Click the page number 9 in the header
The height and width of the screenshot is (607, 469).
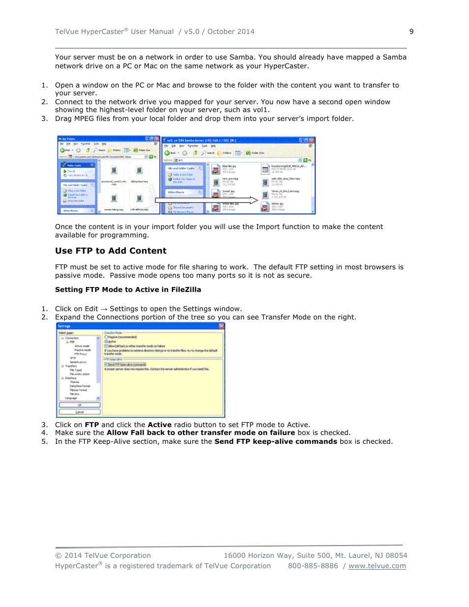point(411,31)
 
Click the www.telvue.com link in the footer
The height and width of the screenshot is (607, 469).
point(377,566)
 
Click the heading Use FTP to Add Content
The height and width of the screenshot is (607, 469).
point(111,251)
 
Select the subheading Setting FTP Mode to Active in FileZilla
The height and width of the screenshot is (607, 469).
point(128,289)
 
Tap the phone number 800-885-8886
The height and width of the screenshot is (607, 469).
point(313,566)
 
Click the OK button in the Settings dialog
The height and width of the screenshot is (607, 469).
point(80,405)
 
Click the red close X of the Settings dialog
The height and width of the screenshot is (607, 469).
point(221,326)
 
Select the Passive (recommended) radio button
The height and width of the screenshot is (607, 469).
point(106,337)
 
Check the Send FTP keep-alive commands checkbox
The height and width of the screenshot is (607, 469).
point(106,364)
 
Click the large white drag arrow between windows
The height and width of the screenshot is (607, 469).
point(206,200)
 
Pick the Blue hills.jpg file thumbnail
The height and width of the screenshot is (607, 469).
point(216,170)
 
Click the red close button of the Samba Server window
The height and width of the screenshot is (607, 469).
point(312,140)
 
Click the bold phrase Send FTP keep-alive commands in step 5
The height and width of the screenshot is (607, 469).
point(276,441)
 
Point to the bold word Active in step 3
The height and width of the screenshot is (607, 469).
point(159,425)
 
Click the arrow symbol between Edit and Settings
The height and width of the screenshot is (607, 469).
point(104,309)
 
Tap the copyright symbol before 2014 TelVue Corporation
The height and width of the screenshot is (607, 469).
point(59,556)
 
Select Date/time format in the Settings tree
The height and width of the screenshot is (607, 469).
point(80,386)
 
